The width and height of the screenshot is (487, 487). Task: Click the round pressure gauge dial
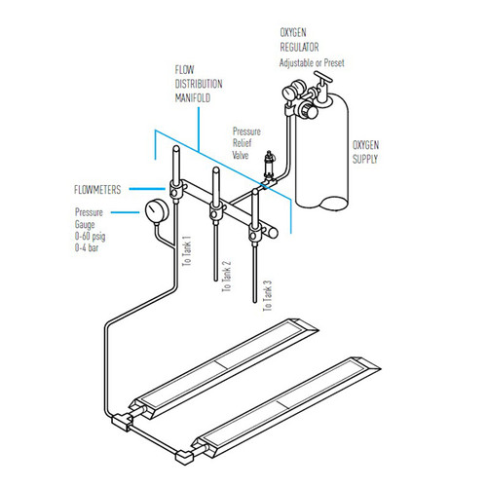click(x=157, y=210)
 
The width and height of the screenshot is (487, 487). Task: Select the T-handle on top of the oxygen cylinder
click(x=322, y=77)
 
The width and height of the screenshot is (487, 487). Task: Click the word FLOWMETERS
click(x=97, y=190)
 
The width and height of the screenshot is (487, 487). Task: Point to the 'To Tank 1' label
click(x=186, y=251)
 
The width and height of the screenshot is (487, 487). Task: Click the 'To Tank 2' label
click(x=226, y=276)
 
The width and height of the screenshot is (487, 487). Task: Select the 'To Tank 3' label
click(x=267, y=296)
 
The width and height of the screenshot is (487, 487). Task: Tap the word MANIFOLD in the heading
click(x=193, y=97)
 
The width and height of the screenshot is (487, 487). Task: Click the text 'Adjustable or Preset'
click(x=312, y=62)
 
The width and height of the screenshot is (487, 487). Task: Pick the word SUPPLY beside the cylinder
click(x=365, y=159)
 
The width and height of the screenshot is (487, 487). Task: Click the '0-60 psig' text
click(x=90, y=237)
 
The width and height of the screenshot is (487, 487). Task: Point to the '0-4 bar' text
click(x=87, y=247)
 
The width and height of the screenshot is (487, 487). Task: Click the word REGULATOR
click(x=299, y=47)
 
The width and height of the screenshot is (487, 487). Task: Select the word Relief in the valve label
click(x=242, y=143)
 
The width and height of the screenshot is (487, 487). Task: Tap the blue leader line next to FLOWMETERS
click(x=147, y=189)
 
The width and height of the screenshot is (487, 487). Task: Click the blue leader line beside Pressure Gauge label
click(x=125, y=212)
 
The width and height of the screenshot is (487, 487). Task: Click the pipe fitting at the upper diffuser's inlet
click(x=121, y=422)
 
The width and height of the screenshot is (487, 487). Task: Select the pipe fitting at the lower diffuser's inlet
click(x=184, y=456)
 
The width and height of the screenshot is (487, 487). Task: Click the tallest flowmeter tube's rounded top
click(x=176, y=149)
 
